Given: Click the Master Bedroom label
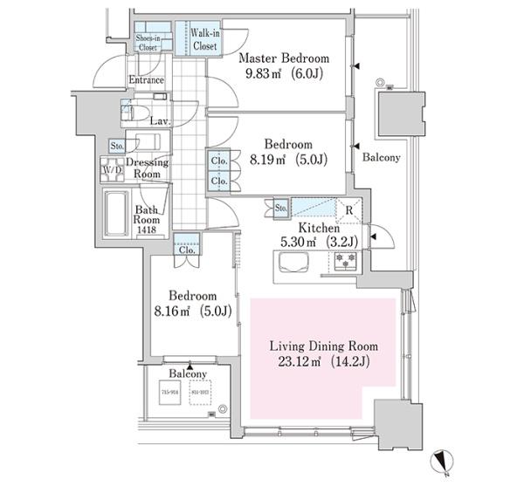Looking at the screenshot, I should click(286, 58).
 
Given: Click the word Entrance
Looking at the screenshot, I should click(146, 80).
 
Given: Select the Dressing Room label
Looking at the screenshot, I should click(147, 168).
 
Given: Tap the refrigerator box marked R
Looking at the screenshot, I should click(348, 210).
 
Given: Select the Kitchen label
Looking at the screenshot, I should click(321, 228).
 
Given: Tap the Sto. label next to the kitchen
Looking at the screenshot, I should click(280, 209).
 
